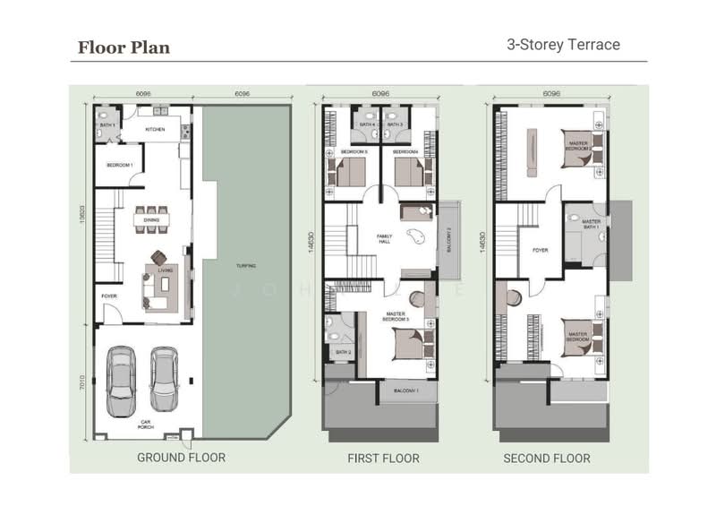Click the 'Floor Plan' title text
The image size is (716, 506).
click(x=123, y=47)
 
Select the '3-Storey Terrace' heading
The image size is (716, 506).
click(x=563, y=44)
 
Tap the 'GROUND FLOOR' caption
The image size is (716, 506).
click(x=181, y=458)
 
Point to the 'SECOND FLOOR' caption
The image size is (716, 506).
click(x=546, y=459)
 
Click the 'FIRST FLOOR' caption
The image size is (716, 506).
click(x=383, y=459)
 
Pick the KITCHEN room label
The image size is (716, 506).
click(x=156, y=130)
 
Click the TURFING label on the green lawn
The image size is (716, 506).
click(x=247, y=265)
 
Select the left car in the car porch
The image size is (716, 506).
click(x=121, y=381)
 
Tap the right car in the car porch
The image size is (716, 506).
click(x=165, y=381)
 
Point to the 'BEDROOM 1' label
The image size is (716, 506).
click(x=120, y=165)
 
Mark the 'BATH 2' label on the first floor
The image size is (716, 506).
click(x=343, y=352)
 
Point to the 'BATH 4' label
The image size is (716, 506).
click(x=367, y=124)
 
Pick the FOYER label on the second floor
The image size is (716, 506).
click(x=540, y=250)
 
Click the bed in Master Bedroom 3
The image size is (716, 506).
click(x=407, y=341)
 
